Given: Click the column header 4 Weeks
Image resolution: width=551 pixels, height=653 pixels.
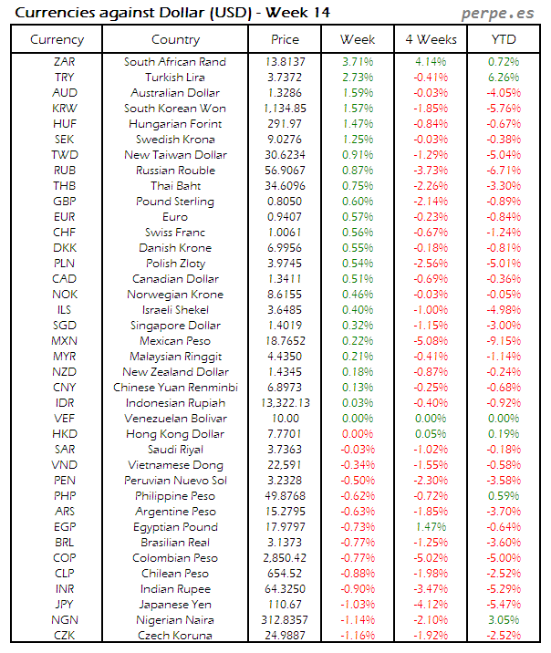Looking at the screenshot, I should [x=431, y=39].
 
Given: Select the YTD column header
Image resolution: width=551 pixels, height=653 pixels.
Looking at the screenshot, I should [x=504, y=39].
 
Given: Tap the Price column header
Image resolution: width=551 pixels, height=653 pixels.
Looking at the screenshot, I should [x=285, y=39].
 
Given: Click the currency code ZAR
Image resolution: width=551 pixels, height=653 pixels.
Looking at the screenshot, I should [x=65, y=62].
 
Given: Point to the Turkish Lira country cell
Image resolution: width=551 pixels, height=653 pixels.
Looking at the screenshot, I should [x=175, y=78].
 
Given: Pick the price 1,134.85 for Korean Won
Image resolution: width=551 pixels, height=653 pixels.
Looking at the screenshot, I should [x=285, y=109].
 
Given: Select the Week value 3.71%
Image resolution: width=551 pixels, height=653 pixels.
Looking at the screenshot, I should [x=358, y=62].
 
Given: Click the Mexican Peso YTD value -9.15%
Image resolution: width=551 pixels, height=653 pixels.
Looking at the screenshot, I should [x=504, y=341].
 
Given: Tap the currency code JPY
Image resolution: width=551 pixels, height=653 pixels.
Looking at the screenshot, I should [x=65, y=605].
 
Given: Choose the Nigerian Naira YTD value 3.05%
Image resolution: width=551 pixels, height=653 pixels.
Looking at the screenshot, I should [x=504, y=620].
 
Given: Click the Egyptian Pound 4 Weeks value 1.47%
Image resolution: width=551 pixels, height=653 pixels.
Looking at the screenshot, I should [x=431, y=527].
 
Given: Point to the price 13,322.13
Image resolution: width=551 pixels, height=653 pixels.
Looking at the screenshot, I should [x=285, y=403].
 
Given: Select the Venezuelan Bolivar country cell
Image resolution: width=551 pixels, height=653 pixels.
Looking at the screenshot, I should [x=175, y=419].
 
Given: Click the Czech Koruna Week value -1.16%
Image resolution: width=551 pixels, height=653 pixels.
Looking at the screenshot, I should [x=358, y=636].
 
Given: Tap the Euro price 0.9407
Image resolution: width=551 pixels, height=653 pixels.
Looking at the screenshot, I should [x=285, y=217].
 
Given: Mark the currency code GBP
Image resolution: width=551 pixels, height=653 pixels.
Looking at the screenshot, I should [x=65, y=202].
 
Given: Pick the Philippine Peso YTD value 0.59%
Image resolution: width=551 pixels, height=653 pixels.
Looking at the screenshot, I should [x=504, y=496].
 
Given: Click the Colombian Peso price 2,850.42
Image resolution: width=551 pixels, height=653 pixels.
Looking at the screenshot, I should [x=285, y=558].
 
